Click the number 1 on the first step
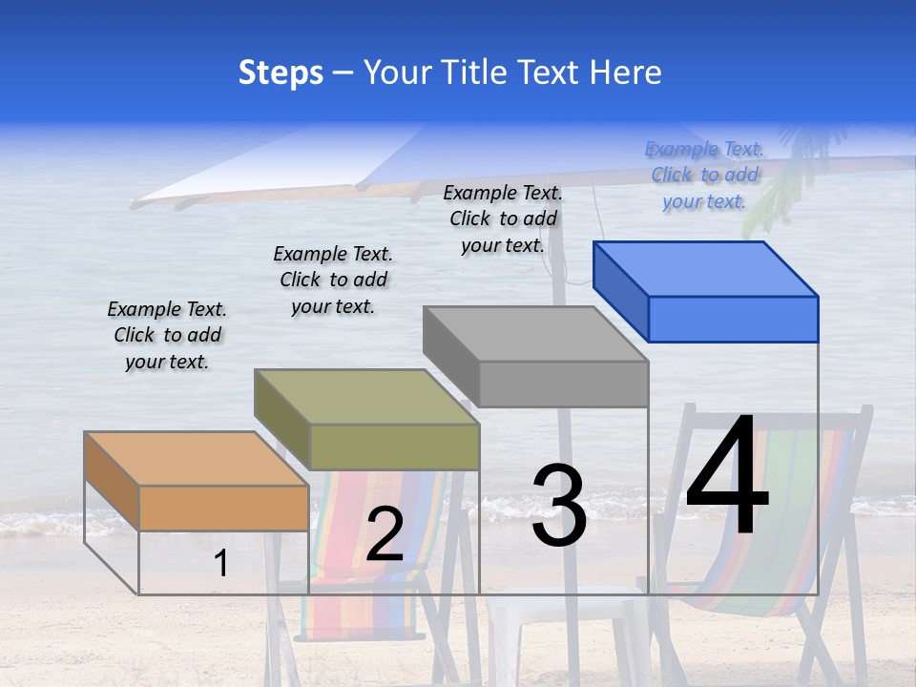click(x=221, y=563)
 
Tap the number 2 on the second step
click(x=385, y=534)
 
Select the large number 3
click(x=558, y=505)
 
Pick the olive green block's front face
click(x=394, y=447)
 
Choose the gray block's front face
click(x=563, y=385)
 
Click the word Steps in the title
click(x=281, y=73)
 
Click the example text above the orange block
click(x=167, y=336)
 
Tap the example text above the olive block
click(x=333, y=280)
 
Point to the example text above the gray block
click(x=503, y=219)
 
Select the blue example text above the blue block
click(x=705, y=175)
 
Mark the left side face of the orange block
click(x=112, y=482)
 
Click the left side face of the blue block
click(x=620, y=291)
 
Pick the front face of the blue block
click(x=733, y=319)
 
